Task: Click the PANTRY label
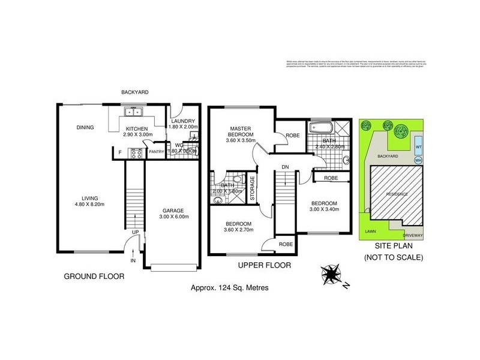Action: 156,152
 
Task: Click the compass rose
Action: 331,275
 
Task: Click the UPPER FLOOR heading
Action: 265,265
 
